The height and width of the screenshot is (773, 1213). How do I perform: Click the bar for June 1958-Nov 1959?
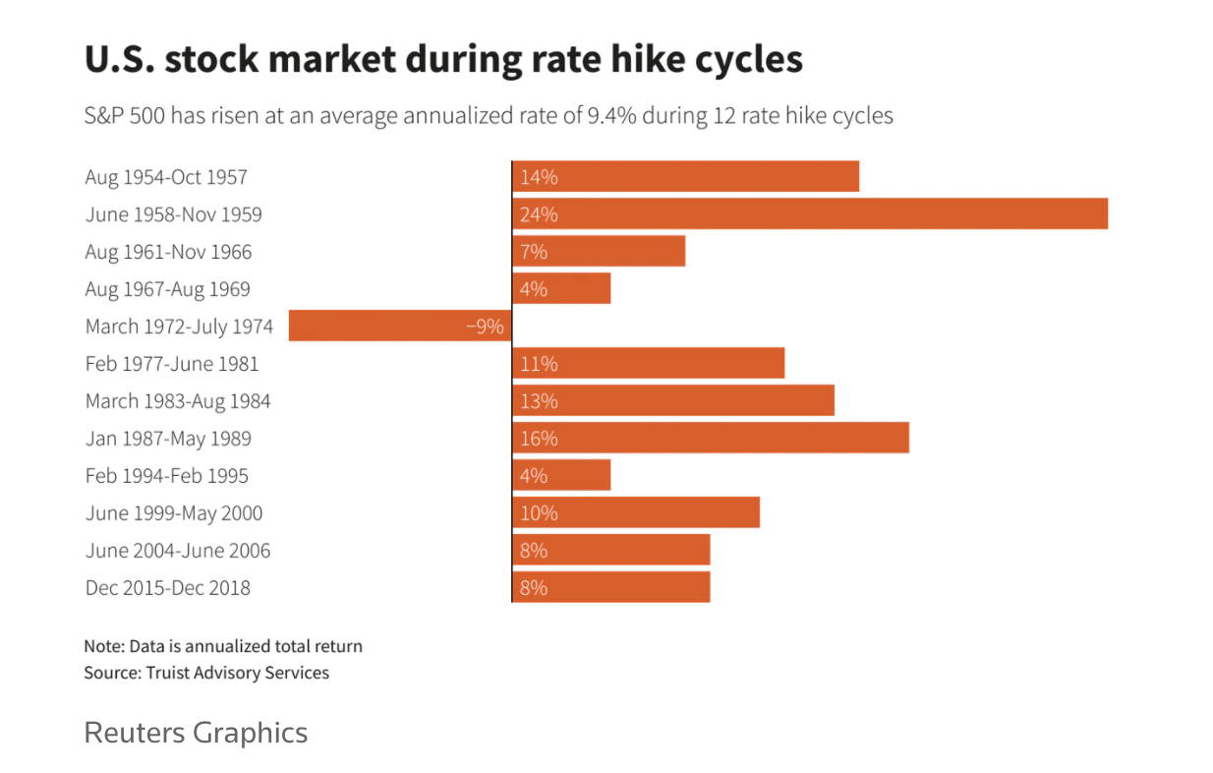pyautogui.click(x=810, y=214)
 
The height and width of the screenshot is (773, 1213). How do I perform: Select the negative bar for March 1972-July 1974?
pyautogui.click(x=399, y=327)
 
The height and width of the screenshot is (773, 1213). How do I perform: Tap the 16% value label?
pyautogui.click(x=539, y=439)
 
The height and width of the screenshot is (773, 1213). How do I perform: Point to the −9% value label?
pyautogui.click(x=485, y=327)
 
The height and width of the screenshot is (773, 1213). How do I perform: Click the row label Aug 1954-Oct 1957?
pyautogui.click(x=166, y=177)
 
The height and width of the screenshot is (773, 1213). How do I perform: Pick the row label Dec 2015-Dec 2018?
pyautogui.click(x=168, y=588)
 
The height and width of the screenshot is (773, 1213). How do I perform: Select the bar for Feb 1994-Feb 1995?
pyautogui.click(x=561, y=476)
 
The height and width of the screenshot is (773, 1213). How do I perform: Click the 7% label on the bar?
pyautogui.click(x=534, y=252)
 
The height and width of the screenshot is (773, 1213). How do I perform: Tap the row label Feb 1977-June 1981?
pyautogui.click(x=172, y=364)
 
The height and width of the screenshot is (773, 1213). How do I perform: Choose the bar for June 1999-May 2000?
pyautogui.click(x=636, y=513)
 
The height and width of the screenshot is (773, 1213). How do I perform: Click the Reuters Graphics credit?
pyautogui.click(x=196, y=733)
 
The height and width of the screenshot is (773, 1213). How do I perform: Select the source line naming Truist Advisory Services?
pyautogui.click(x=206, y=673)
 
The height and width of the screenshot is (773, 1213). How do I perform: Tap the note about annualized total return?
pyautogui.click(x=223, y=646)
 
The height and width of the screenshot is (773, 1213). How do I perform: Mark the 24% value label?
pyautogui.click(x=539, y=214)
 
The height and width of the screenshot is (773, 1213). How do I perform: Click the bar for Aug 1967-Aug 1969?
pyautogui.click(x=561, y=289)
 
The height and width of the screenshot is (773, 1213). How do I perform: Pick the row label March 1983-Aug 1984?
pyautogui.click(x=178, y=401)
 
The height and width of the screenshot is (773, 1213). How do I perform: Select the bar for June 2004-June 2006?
pyautogui.click(x=610, y=551)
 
